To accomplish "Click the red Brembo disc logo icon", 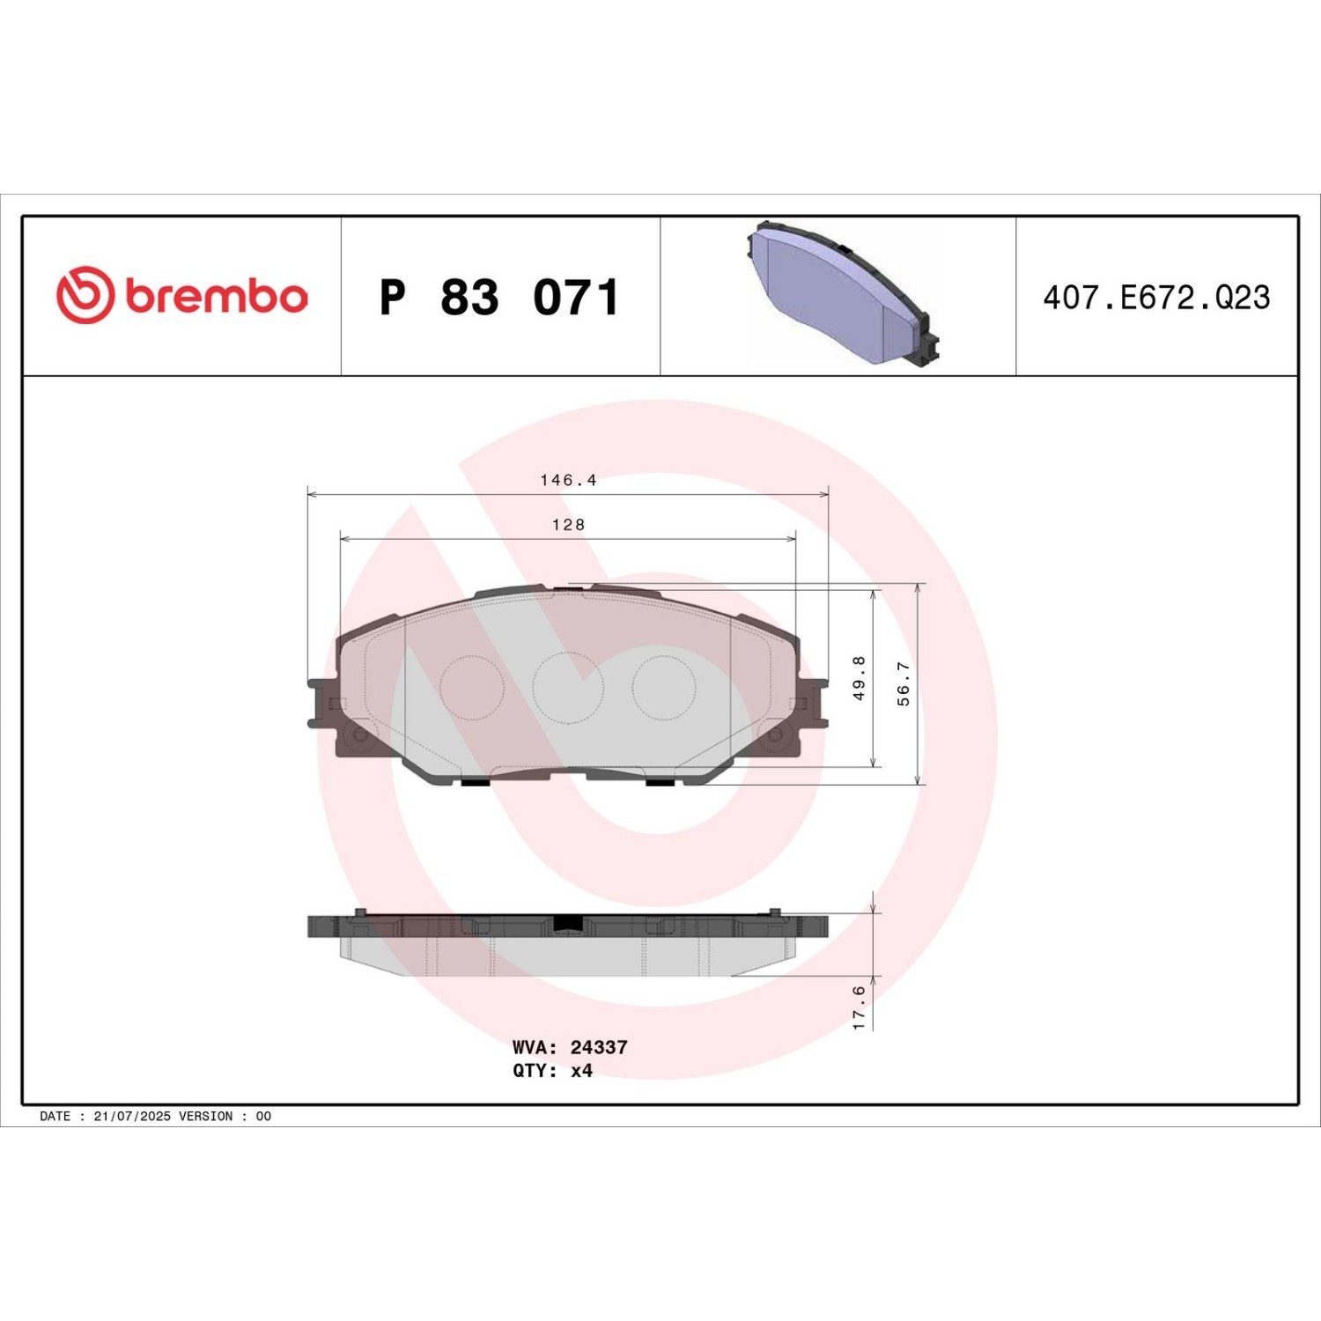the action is point(85,294).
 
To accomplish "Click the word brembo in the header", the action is point(217,296).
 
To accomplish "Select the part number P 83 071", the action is point(499,297).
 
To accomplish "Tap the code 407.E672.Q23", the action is point(1156,298).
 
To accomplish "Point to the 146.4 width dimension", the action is point(568,480).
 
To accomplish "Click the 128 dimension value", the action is point(568,525).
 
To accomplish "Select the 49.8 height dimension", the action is point(859,678).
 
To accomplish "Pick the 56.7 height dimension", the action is point(904,683).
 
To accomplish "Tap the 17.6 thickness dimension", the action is point(859,1007).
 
